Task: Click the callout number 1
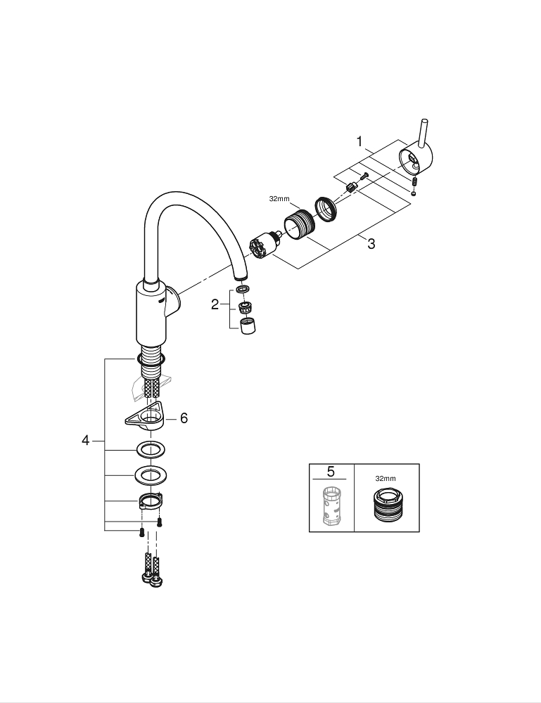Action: (x=359, y=142)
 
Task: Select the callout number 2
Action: (x=215, y=305)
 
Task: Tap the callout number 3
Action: (x=371, y=244)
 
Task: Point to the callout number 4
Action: (x=86, y=441)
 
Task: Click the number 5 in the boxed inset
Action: (x=331, y=472)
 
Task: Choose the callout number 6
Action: (x=184, y=418)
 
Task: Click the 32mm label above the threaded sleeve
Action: (x=279, y=199)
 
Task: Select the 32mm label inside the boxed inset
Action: (x=386, y=478)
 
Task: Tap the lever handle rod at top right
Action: (x=423, y=133)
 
